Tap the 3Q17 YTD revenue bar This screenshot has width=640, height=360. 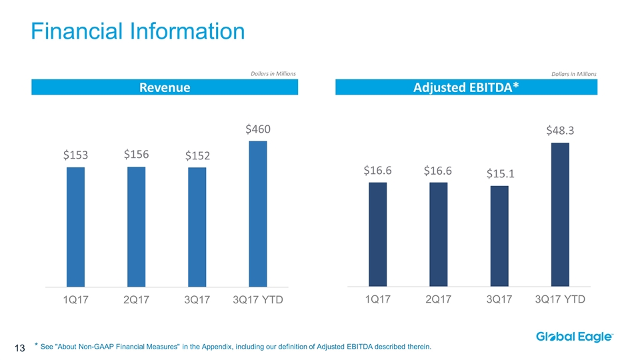pos(257,213)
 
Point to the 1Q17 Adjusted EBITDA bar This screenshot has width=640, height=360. pos(377,234)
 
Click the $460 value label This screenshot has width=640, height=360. pos(257,129)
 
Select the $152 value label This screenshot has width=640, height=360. pos(197,156)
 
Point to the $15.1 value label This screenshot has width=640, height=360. pos(499,174)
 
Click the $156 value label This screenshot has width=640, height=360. pos(137,155)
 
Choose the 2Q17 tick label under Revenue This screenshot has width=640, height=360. pos(136,300)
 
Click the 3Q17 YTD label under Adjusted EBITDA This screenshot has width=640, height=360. pos(560,299)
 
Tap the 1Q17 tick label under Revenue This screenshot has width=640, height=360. pos(76,300)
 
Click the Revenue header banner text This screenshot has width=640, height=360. pos(164,88)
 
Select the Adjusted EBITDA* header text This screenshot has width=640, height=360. pos(466,88)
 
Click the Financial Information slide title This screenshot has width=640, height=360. pos(138,31)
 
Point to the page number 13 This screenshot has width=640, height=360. pos(19,347)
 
